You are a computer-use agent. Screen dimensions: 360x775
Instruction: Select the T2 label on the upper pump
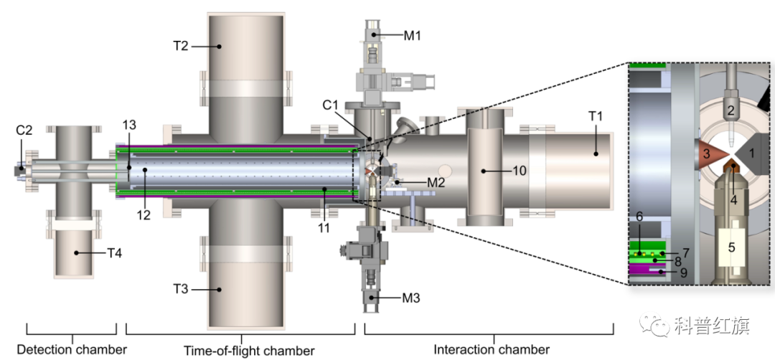181,46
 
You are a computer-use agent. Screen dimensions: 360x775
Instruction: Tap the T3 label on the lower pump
181,290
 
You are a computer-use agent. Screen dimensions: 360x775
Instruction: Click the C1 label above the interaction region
329,105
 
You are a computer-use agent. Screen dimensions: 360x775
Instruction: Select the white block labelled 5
731,247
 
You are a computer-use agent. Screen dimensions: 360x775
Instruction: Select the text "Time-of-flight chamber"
249,351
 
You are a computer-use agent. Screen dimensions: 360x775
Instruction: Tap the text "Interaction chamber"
492,350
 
